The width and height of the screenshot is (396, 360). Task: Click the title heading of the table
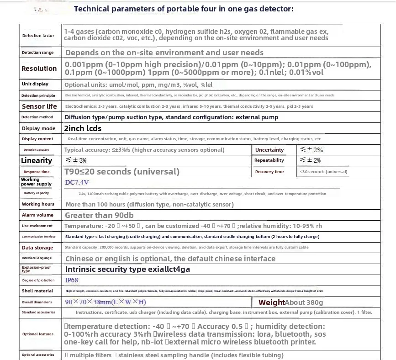(184, 8)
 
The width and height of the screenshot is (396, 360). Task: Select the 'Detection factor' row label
(38, 36)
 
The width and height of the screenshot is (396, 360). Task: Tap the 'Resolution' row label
(39, 69)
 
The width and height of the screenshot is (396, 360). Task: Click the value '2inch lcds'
(83, 128)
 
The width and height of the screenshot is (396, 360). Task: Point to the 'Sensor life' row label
(39, 106)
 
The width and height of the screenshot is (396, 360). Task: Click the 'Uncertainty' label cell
(269, 150)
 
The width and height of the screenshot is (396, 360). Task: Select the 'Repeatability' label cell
(269, 160)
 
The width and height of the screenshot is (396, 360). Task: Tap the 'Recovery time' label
(269, 172)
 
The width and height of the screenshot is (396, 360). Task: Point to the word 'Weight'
(271, 302)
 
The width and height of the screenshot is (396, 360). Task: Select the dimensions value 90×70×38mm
(106, 302)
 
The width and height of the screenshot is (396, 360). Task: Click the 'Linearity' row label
(37, 160)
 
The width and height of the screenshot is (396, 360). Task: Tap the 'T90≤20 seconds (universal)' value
(122, 172)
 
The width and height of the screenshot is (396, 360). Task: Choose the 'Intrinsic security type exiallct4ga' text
(127, 269)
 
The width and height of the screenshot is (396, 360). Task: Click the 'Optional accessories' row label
(38, 355)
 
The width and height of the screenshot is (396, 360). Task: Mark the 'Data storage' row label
(37, 248)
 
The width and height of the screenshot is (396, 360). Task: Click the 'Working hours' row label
(38, 204)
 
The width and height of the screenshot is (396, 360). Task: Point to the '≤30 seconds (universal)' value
(323, 172)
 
